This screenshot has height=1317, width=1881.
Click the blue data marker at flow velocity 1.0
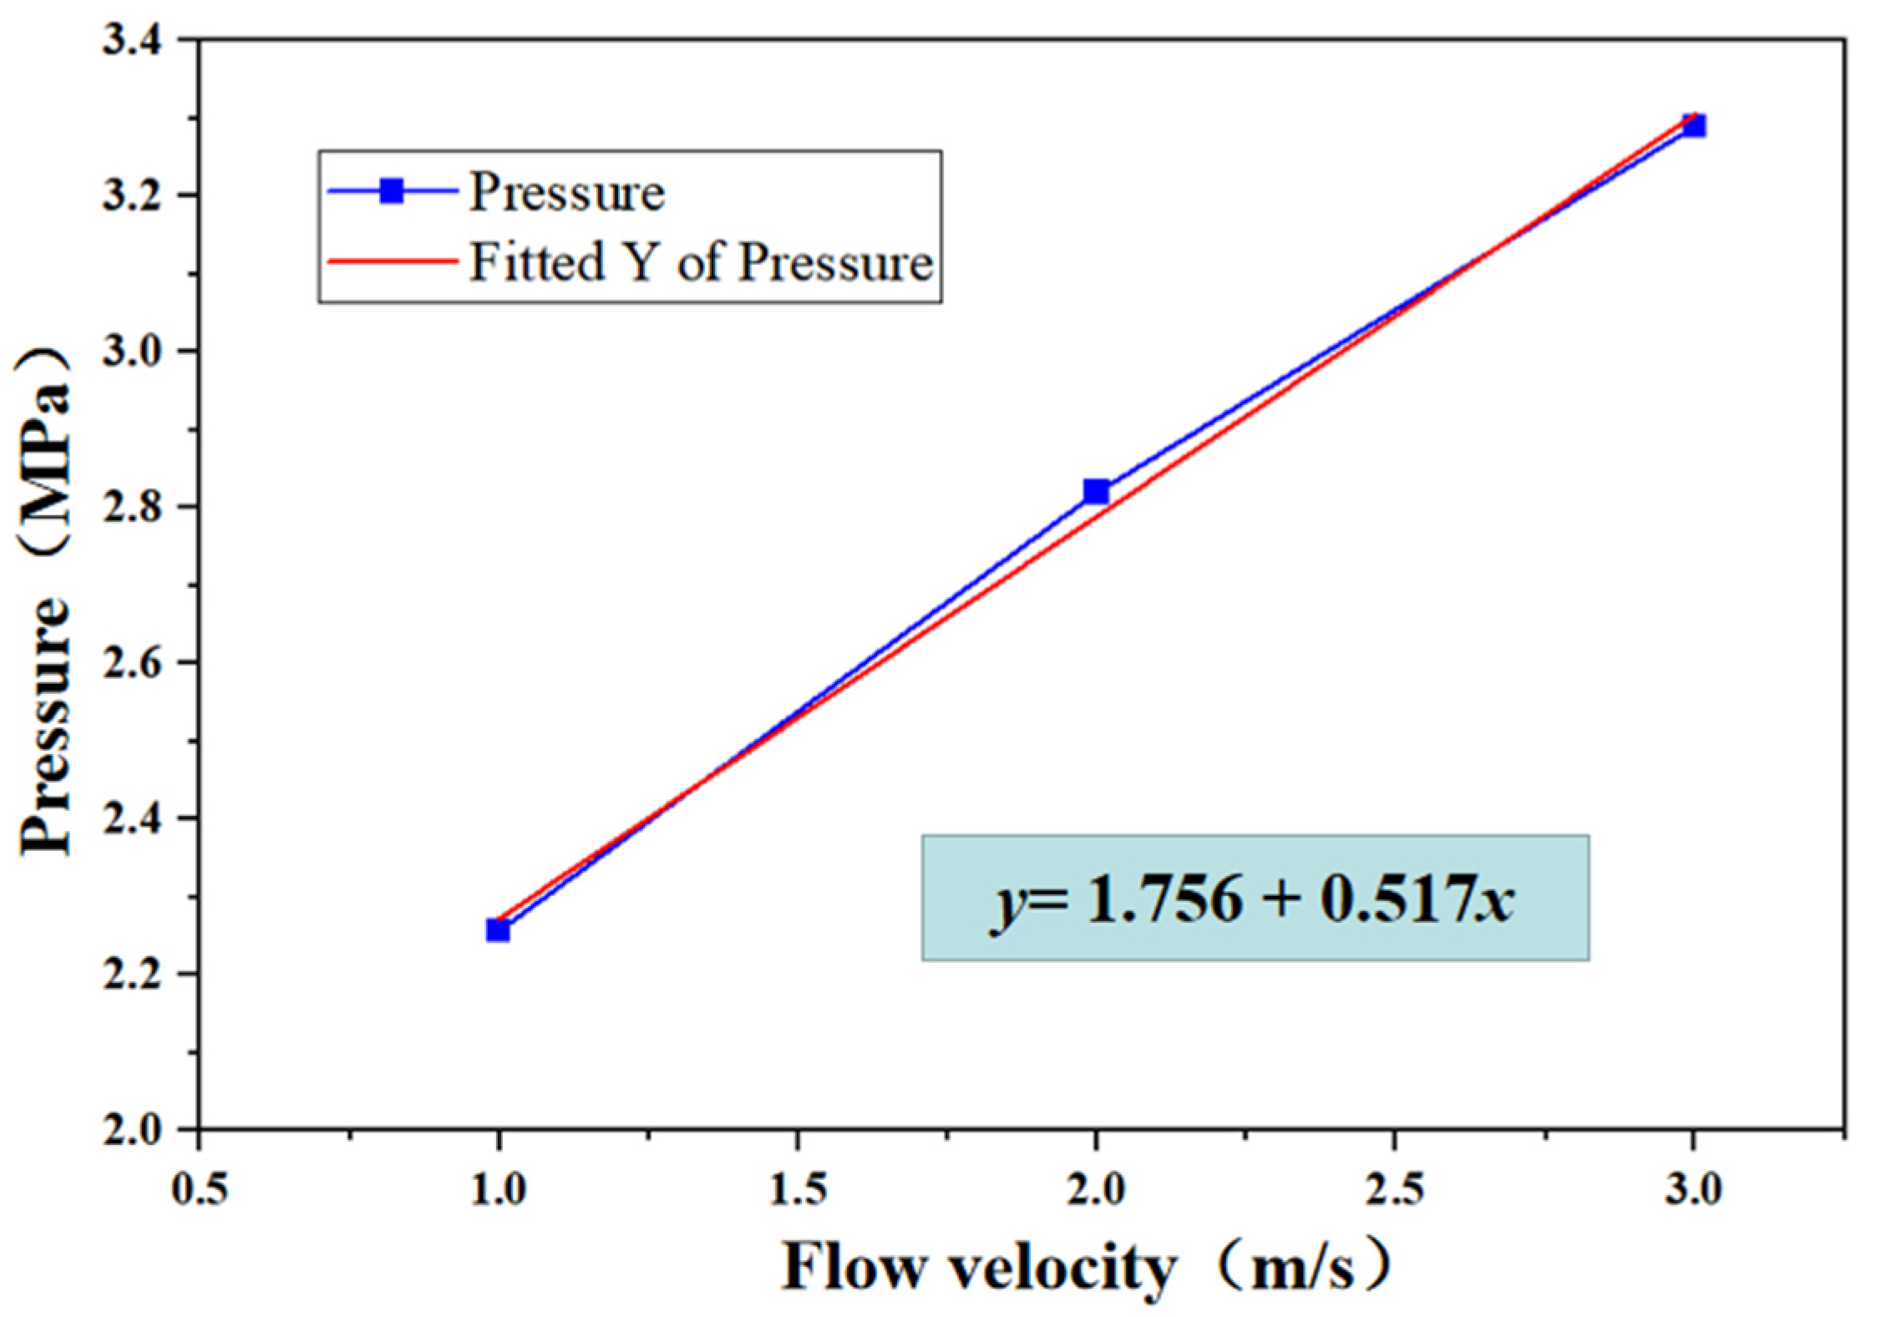(498, 929)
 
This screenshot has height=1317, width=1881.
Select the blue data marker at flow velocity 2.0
(1096, 492)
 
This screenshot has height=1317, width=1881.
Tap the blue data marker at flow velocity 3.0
(1693, 126)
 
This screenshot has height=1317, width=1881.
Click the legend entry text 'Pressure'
(566, 192)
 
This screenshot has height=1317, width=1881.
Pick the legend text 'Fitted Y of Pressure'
(700, 262)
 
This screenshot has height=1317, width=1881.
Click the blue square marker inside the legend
(392, 191)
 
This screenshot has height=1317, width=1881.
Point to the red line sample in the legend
(392, 261)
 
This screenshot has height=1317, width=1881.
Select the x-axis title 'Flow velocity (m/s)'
(1087, 1268)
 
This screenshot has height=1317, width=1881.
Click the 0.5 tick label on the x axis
(200, 1189)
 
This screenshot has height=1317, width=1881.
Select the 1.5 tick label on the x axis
(797, 1189)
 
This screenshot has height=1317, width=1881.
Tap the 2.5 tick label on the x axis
(1394, 1189)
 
